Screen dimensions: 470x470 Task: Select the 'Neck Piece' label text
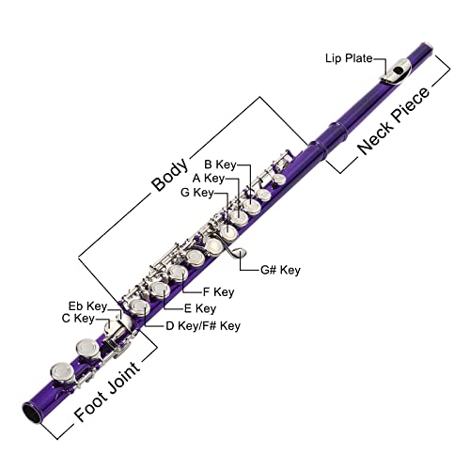point(395,120)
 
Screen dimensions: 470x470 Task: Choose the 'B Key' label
point(221,165)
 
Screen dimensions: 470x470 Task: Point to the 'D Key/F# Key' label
point(203,326)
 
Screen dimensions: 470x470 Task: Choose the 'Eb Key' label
point(87,305)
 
